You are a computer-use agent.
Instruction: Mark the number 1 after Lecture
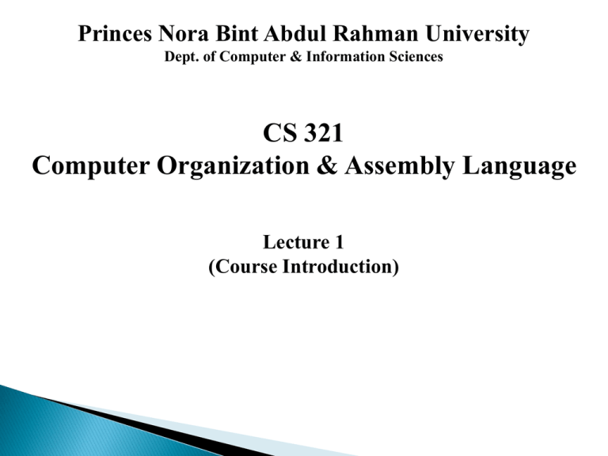334,247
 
